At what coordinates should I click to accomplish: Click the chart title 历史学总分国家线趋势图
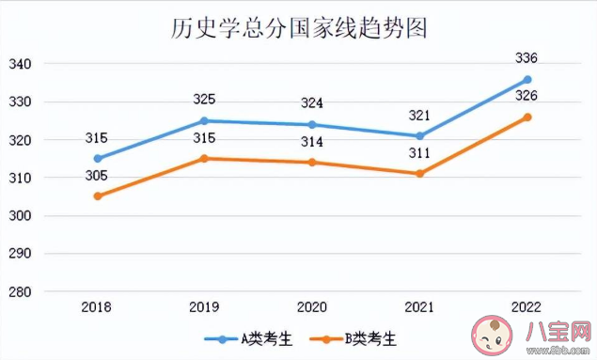coord(299,27)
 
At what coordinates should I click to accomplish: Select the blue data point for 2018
coord(98,158)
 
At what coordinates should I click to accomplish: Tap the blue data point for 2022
coord(527,79)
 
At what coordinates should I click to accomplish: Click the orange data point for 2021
coord(420,174)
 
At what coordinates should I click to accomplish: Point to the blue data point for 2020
coord(313,124)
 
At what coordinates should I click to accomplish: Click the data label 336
coord(527,59)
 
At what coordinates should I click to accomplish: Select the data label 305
coord(96,176)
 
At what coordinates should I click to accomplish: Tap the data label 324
coord(313,103)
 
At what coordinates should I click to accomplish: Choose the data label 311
coord(420,152)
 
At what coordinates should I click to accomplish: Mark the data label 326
coord(527,96)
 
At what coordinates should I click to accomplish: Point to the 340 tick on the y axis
coord(21,64)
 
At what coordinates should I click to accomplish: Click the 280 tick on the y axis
coord(21,292)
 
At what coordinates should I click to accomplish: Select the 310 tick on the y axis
coord(21,179)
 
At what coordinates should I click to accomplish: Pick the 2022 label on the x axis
coord(527,307)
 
